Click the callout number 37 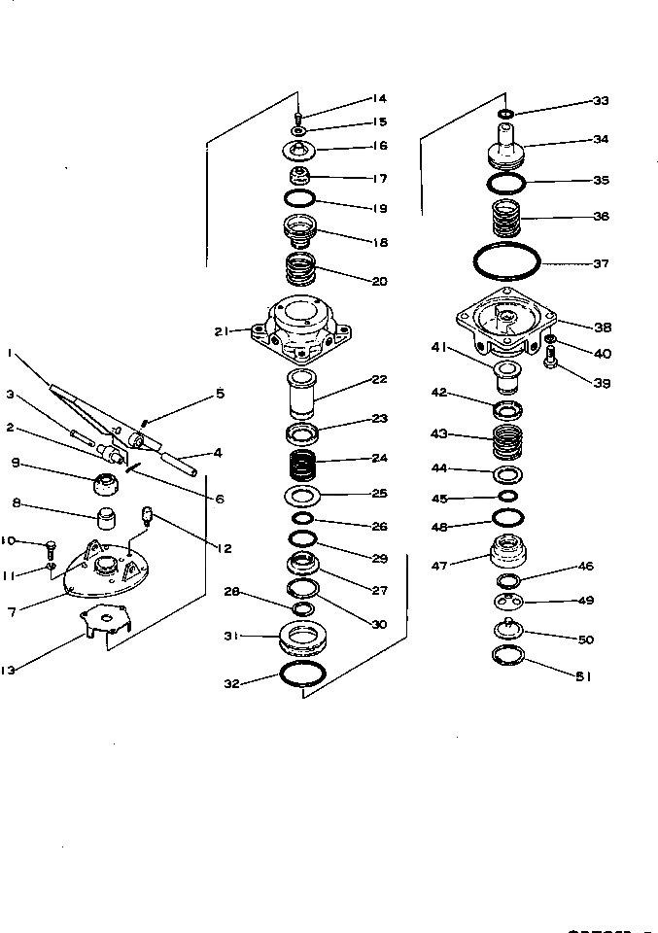(601, 263)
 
